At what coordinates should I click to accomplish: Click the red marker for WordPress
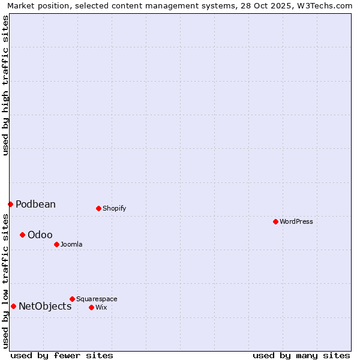pos(275,221)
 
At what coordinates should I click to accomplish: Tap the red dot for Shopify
pos(98,208)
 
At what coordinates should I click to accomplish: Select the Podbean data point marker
pos(10,204)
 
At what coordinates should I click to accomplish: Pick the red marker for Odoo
pos(22,235)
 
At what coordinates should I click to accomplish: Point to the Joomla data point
pos(56,244)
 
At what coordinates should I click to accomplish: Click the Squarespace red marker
pos(72,299)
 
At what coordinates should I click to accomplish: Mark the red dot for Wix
pos(91,307)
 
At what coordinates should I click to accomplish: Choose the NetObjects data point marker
pos(13,306)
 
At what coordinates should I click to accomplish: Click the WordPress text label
pos(296,221)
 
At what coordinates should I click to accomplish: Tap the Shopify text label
pos(114,208)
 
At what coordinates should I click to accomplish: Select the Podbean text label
pos(35,204)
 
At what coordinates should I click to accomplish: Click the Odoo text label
pos(40,235)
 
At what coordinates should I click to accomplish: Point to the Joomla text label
pos(71,244)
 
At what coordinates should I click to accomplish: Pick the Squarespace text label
pos(97,299)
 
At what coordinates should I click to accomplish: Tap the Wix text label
pos(101,307)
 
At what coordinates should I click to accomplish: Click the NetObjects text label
pos(45,306)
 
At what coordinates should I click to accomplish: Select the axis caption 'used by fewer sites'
pos(62,355)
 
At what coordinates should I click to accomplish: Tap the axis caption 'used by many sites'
pos(301,355)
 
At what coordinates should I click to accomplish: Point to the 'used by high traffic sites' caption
pos(5,86)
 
